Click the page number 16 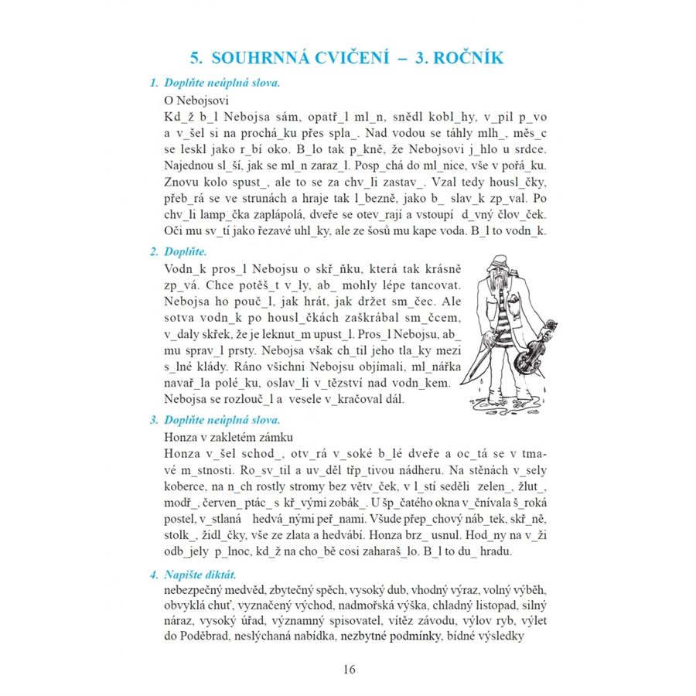[348, 669]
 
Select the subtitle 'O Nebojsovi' [197, 101]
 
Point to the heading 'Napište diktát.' [200, 575]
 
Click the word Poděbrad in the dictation [213, 637]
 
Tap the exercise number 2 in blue [154, 252]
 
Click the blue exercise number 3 [154, 420]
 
